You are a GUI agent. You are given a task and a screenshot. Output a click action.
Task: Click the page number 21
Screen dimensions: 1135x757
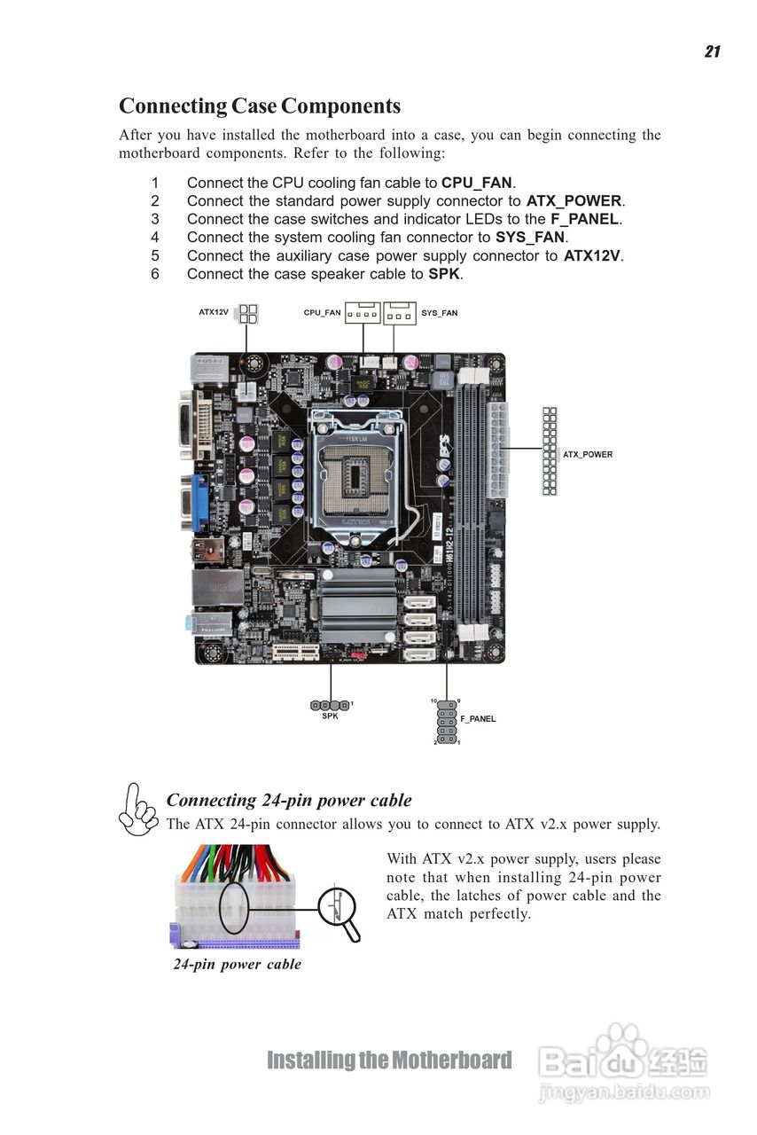point(712,51)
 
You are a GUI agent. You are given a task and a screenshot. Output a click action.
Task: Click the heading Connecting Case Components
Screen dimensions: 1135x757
point(260,106)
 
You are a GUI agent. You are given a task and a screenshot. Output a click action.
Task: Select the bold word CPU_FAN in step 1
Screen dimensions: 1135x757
point(477,183)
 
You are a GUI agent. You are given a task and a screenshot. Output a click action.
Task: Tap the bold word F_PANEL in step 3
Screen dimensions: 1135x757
point(584,219)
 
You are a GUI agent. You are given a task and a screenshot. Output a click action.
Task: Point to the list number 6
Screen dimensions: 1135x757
point(154,274)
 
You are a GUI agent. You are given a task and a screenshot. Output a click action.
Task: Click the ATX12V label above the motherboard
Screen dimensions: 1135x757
point(214,312)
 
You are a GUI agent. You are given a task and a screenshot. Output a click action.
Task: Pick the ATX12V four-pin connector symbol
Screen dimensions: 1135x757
point(248,314)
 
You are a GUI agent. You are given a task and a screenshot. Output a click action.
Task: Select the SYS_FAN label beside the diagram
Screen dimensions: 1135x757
point(440,313)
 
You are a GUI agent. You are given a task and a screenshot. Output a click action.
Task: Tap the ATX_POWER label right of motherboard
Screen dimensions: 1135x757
point(588,455)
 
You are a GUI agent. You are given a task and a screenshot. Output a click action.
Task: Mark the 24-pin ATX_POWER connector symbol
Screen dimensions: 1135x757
point(550,450)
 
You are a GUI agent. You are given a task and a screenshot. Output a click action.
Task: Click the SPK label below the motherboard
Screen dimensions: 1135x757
point(330,716)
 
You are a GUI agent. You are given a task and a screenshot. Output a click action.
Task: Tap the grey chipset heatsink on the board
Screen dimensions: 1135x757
point(357,606)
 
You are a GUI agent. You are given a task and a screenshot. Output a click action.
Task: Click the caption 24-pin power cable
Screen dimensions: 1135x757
point(237,964)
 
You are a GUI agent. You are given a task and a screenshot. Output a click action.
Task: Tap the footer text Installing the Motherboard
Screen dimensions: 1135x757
point(389,1061)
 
